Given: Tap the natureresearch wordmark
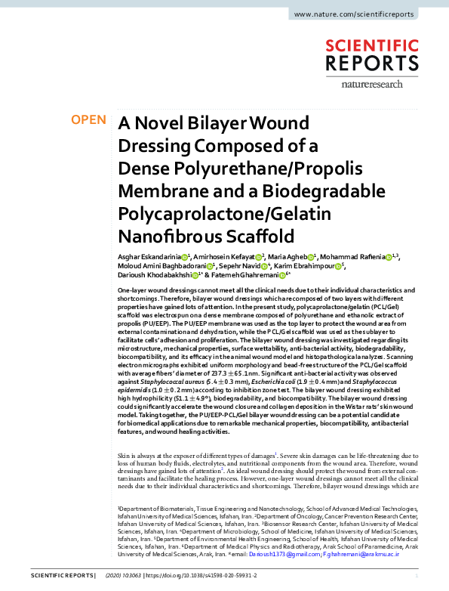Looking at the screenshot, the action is (384, 84).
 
